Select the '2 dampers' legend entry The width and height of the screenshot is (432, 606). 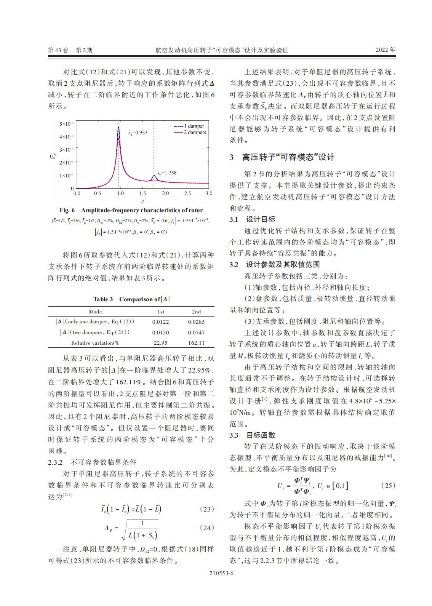[x=194, y=133]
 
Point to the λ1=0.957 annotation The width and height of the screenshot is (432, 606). [x=138, y=133]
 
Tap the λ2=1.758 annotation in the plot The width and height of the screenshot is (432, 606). [x=167, y=173]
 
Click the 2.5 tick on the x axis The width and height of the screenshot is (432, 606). [x=187, y=193]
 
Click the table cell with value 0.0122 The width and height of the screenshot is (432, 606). [x=160, y=322]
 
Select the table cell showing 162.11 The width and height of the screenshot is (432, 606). [x=196, y=343]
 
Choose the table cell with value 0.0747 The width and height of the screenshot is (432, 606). [x=196, y=333]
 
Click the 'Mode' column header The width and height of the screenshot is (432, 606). [x=95, y=312]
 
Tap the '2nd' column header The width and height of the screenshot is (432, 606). [x=196, y=312]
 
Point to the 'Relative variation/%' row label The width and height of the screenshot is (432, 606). [x=95, y=343]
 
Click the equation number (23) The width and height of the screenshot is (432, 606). [x=206, y=509]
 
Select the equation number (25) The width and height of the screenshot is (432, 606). [x=388, y=486]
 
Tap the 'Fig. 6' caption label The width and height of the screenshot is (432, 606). [x=67, y=210]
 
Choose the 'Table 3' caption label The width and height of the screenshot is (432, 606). [x=103, y=299]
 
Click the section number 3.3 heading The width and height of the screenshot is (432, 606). [x=234, y=435]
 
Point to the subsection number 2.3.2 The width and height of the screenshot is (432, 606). [x=57, y=462]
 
